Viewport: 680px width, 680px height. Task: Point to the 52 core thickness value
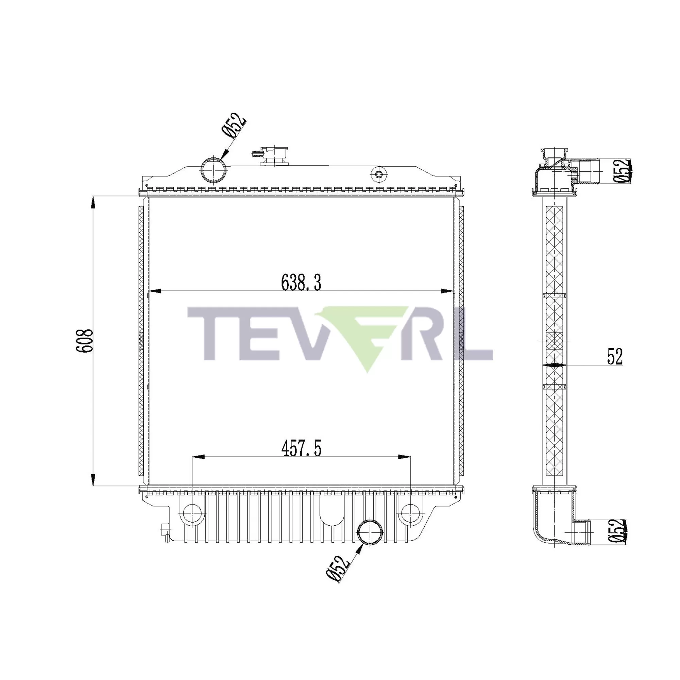[x=615, y=356]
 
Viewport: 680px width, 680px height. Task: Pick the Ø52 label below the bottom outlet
[x=338, y=568]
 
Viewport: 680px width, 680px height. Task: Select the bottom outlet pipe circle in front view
[x=370, y=532]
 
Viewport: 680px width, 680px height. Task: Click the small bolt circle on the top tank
[x=379, y=174]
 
